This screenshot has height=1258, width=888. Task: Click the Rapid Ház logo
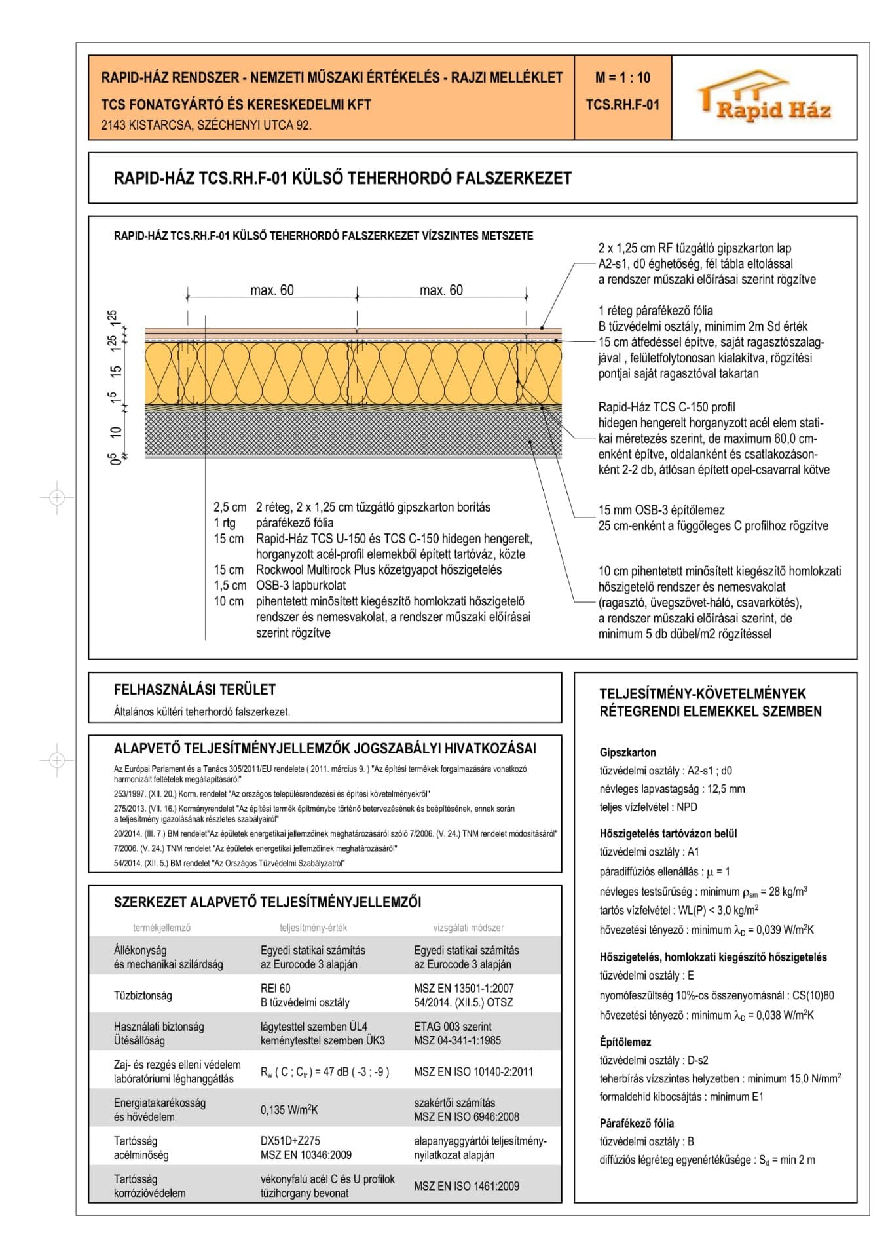click(764, 98)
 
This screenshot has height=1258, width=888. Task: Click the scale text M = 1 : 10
click(622, 78)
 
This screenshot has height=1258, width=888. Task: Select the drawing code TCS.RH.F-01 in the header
click(622, 105)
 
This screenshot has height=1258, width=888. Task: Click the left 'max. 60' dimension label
click(272, 290)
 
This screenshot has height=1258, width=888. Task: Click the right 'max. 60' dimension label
click(441, 290)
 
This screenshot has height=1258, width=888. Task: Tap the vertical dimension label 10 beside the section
click(117, 432)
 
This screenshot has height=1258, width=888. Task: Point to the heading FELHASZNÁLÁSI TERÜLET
click(194, 689)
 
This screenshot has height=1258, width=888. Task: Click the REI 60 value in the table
click(275, 988)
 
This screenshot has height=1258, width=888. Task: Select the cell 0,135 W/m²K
click(289, 1110)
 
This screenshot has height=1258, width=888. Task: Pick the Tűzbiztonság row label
click(143, 995)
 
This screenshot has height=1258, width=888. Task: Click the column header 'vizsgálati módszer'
click(468, 928)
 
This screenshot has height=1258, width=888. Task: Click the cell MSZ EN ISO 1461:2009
click(466, 1186)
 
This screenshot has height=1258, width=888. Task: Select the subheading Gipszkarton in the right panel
click(627, 752)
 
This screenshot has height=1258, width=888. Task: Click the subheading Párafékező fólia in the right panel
click(637, 1123)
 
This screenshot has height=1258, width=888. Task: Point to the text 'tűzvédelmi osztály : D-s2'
click(654, 1060)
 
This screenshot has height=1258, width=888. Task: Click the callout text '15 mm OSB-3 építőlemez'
click(661, 510)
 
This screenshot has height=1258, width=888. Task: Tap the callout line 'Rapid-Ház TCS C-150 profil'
click(667, 407)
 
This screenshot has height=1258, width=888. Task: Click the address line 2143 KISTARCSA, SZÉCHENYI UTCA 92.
click(206, 125)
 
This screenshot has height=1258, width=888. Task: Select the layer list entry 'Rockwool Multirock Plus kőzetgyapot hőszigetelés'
click(379, 570)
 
